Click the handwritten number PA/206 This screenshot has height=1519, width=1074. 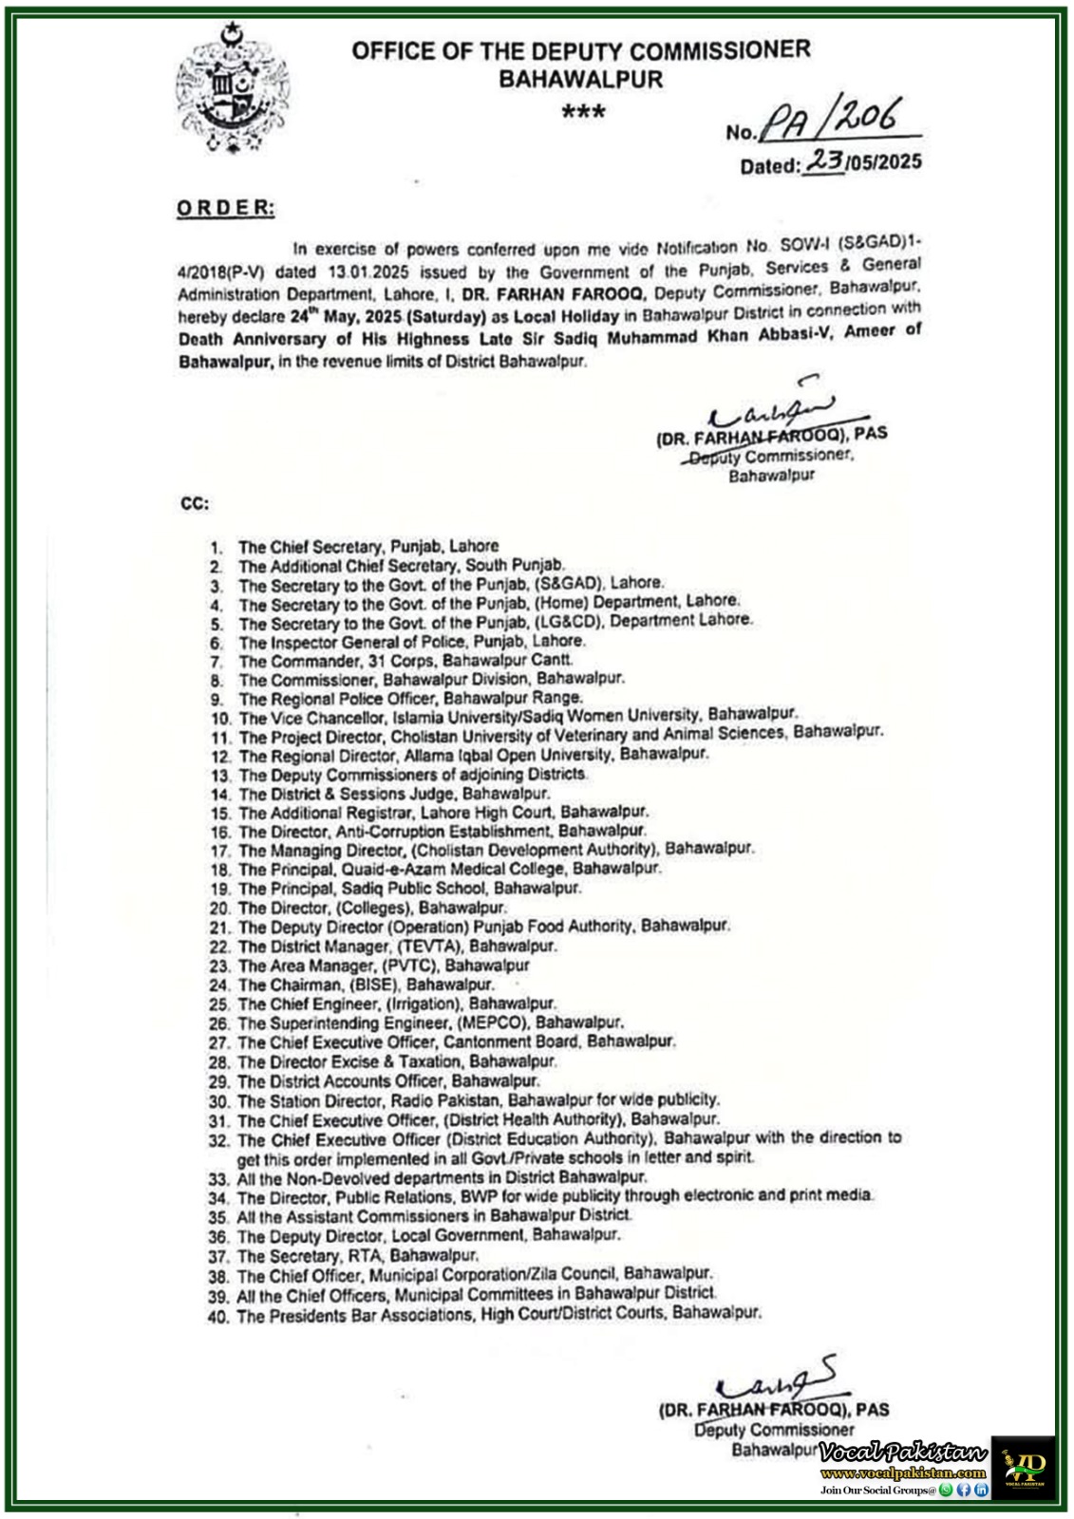[x=836, y=123]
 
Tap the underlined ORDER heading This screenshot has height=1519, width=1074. [x=226, y=208]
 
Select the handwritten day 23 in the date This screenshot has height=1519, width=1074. [x=825, y=161]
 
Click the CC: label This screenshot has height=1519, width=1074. [x=195, y=503]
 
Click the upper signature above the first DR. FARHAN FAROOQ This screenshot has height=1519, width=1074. [x=769, y=408]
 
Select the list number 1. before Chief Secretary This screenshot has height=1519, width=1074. [x=217, y=548]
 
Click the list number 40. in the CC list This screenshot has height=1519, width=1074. [x=218, y=1317]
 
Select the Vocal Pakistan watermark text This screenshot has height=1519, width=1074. [x=903, y=1453]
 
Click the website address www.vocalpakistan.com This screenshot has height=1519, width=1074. [x=903, y=1472]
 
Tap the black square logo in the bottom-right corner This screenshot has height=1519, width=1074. [x=1024, y=1466]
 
